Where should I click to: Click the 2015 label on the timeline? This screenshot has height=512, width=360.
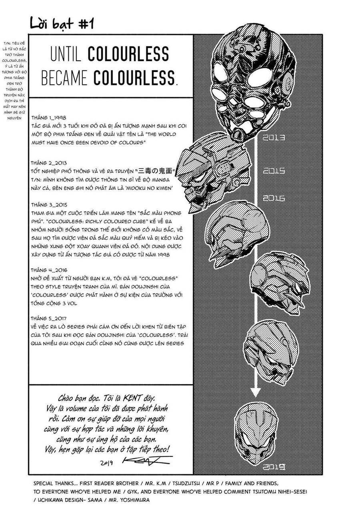tap(274, 171)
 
